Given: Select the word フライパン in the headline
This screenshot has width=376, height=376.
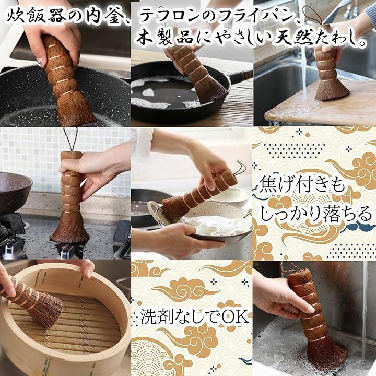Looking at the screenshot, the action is click(x=256, y=16).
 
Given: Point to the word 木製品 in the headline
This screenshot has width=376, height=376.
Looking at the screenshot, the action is click(x=166, y=38).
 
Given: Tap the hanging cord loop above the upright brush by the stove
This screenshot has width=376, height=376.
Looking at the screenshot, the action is click(x=71, y=139).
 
